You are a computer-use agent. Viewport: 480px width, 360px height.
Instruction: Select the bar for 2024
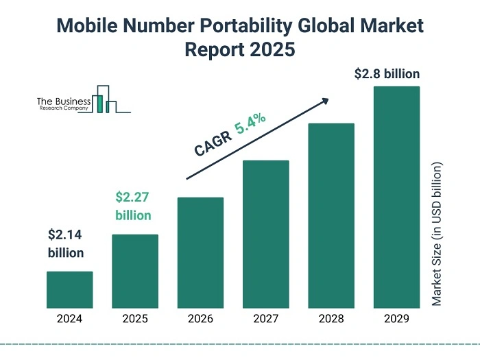69,289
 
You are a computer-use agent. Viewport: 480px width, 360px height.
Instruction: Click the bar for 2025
135,271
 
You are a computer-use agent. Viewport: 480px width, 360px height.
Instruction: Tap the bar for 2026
200,252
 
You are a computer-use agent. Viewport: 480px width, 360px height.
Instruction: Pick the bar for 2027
265,234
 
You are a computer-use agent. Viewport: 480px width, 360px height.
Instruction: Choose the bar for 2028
331,215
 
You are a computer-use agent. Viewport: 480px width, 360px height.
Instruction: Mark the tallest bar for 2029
396,197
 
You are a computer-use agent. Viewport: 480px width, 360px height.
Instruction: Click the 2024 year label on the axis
69,319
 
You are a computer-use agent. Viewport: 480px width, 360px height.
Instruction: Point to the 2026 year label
200,319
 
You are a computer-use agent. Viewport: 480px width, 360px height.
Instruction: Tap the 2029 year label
396,319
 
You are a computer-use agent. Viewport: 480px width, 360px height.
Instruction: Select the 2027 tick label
265,319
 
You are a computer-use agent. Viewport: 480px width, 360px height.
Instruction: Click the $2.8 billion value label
387,74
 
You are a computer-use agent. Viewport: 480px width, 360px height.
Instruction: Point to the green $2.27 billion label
133,206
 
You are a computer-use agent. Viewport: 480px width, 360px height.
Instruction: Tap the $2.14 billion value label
66,243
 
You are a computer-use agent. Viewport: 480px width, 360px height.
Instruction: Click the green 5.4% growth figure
250,125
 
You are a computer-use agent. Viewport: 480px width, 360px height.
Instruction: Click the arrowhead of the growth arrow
325,100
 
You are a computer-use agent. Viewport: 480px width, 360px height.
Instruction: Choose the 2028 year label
331,319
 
